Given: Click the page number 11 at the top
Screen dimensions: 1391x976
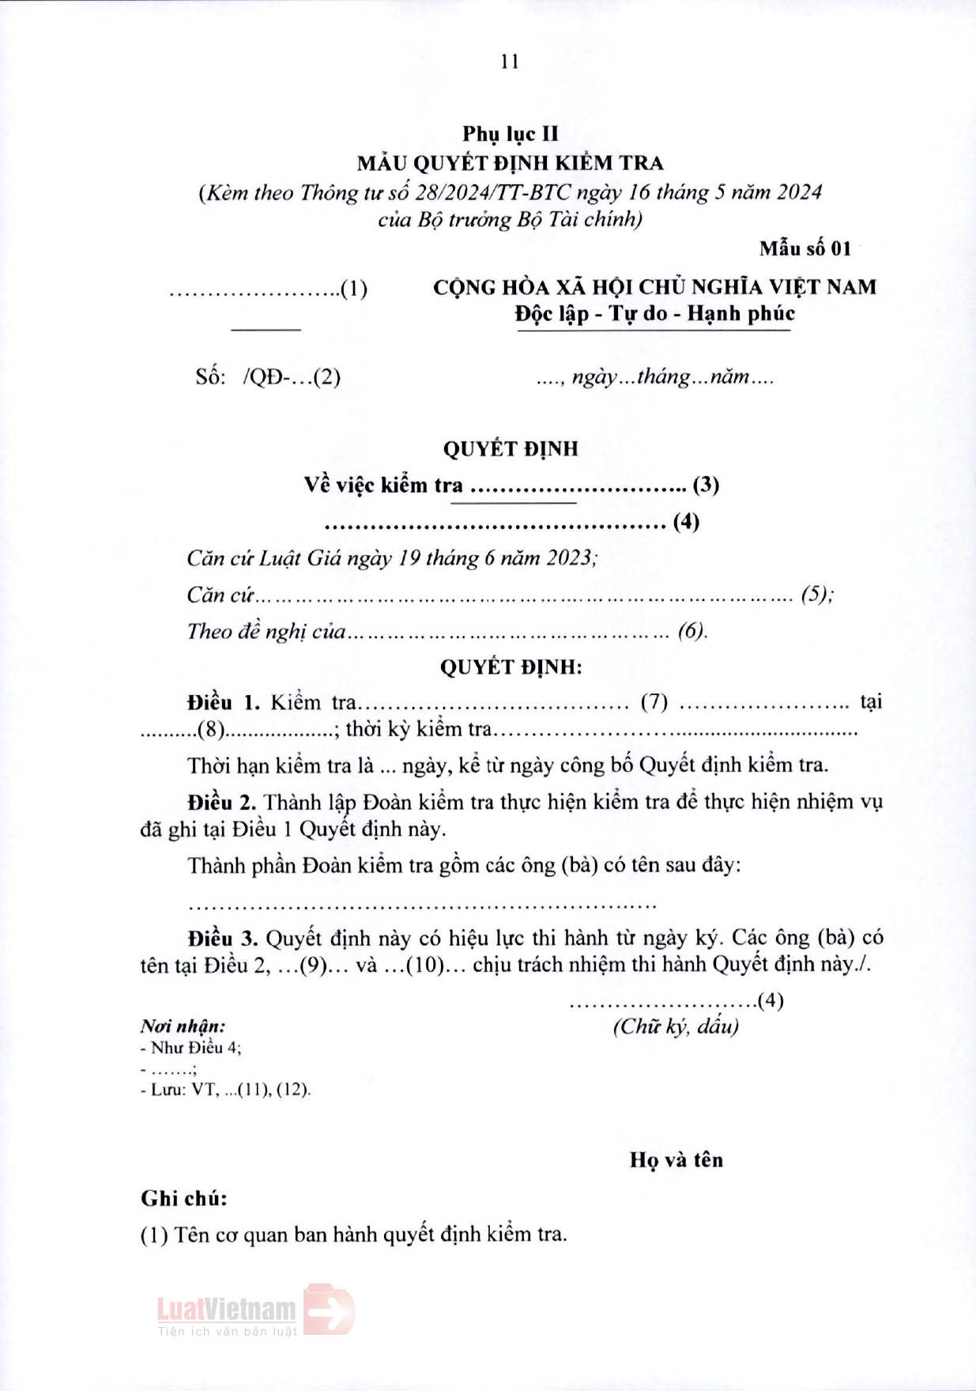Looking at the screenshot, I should (510, 62).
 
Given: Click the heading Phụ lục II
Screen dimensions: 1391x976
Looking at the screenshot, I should (510, 134).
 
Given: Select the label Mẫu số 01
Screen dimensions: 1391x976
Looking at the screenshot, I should (805, 249).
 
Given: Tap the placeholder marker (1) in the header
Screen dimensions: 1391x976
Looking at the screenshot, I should (354, 289).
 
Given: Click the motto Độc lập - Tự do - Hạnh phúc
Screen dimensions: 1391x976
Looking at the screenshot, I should (654, 314).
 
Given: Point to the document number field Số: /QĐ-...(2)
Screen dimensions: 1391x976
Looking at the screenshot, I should (268, 377).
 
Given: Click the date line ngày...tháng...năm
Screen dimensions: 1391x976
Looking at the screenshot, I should (655, 377).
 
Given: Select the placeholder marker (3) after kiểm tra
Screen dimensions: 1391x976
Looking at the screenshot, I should (705, 485).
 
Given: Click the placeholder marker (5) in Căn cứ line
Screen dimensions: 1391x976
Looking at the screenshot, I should (816, 595).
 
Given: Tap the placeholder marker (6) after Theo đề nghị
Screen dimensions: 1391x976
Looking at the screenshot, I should (691, 631).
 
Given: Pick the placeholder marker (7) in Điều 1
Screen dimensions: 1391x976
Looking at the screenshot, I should (654, 702).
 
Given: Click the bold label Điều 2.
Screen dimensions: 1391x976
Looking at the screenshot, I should (221, 803).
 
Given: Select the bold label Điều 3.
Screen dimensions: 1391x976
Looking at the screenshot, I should (222, 939).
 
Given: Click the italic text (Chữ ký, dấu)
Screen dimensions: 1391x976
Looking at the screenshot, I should (676, 1026).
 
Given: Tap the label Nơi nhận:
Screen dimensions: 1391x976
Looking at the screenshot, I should (183, 1026).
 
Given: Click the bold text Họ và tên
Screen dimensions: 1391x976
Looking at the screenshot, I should (676, 1160).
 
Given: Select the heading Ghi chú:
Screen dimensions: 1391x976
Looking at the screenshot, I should (184, 1199).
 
